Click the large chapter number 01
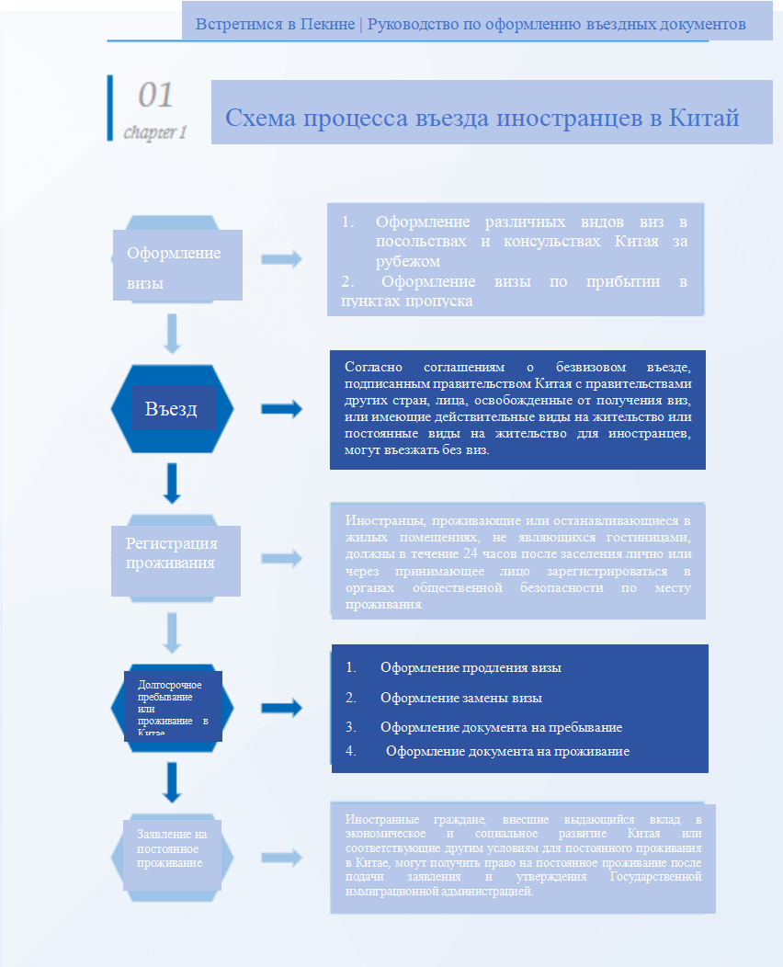pos(155,96)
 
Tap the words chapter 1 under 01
pos(155,132)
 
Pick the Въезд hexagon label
pos(171,409)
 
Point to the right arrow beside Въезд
pos(281,410)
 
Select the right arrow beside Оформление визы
pos(281,259)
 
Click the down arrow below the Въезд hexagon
pos(172,483)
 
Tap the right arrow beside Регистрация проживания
pos(281,558)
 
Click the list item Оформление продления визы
pos(471,668)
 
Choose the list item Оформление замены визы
pos(460,698)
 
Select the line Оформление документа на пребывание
pos(501,727)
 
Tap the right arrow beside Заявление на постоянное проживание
pos(281,857)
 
